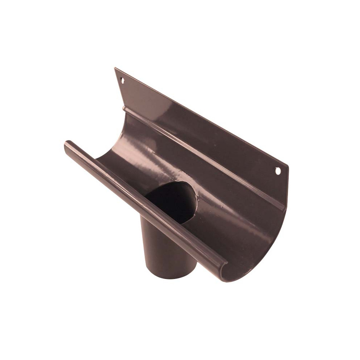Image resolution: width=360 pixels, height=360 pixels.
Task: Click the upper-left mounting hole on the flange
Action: point(123,81)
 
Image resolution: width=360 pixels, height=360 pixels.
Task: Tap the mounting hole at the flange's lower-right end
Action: point(278,171)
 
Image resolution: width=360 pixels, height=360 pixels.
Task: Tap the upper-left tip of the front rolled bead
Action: point(66,144)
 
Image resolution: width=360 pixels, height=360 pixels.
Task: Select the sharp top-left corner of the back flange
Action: point(115,68)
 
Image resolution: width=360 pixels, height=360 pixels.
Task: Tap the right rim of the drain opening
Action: point(196,202)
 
